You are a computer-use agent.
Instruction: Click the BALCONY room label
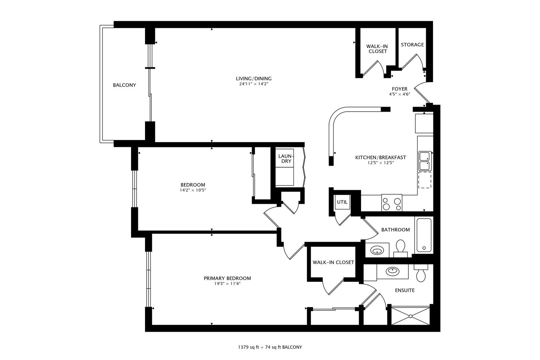(x=124, y=85)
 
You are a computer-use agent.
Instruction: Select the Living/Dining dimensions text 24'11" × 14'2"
(x=254, y=84)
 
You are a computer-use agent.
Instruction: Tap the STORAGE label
(x=412, y=45)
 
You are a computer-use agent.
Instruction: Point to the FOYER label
(x=399, y=89)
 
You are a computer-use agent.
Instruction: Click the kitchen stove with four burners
(x=392, y=203)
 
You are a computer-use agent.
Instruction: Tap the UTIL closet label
(x=342, y=202)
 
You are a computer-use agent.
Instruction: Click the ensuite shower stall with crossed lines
(x=410, y=316)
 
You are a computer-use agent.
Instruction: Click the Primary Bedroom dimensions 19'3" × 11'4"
(x=227, y=284)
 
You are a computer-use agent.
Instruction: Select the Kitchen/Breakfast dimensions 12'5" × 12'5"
(x=380, y=163)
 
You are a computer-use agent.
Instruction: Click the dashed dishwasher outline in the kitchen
(x=425, y=180)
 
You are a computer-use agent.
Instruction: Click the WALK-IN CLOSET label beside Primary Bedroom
(x=333, y=262)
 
